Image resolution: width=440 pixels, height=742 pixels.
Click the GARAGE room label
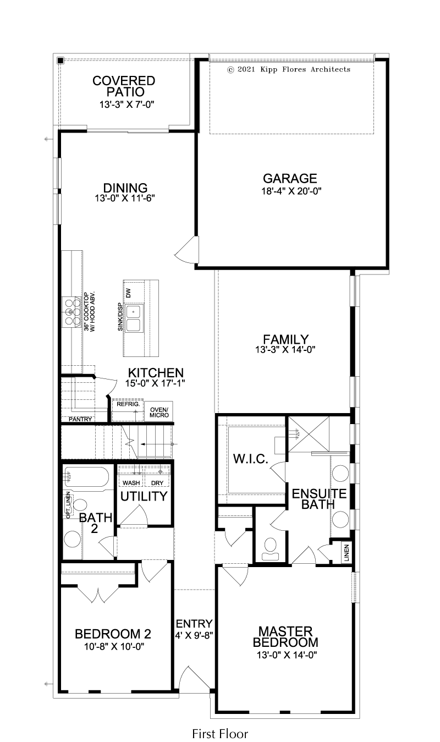tap(290, 179)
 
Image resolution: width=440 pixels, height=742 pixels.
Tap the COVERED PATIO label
tap(124, 86)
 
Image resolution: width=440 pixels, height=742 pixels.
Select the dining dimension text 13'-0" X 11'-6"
tap(125, 198)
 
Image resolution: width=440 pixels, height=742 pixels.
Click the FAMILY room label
tap(285, 339)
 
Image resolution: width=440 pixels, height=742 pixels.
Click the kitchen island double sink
tap(134, 318)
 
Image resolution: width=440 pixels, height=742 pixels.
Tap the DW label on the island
tap(129, 293)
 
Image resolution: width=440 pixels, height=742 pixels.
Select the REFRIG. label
tap(128, 404)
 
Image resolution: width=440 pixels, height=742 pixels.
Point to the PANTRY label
tap(80, 419)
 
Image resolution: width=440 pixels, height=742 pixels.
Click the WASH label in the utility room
tap(131, 483)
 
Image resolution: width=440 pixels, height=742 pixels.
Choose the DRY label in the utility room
tap(157, 483)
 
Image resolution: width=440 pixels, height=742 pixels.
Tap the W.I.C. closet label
tap(250, 459)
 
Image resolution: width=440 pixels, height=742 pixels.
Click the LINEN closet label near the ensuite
tap(346, 553)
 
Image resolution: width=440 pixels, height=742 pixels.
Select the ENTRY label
tap(194, 624)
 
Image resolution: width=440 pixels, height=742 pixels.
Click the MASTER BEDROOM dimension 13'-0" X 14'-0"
tap(287, 655)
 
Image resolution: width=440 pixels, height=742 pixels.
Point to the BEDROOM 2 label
tap(113, 634)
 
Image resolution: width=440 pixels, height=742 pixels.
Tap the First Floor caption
tap(220, 733)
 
